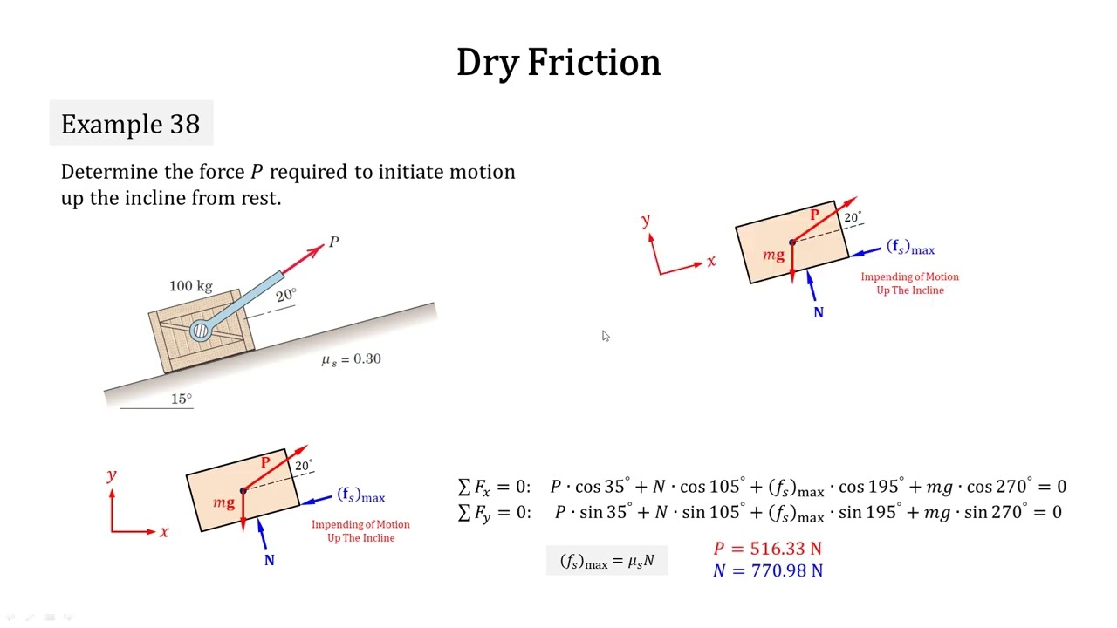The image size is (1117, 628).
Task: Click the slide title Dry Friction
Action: pyautogui.click(x=558, y=63)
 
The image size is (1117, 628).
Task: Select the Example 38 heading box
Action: pyautogui.click(x=131, y=123)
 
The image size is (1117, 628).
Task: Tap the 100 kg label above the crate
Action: pyautogui.click(x=191, y=285)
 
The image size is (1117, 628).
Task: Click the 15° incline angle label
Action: pyautogui.click(x=182, y=399)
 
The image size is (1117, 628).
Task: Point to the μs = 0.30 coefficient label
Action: pyautogui.click(x=352, y=359)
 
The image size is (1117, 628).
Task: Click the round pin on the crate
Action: pyautogui.click(x=201, y=331)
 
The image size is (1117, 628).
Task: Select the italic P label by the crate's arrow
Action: pyautogui.click(x=333, y=242)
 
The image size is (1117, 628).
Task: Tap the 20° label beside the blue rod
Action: pyautogui.click(x=286, y=295)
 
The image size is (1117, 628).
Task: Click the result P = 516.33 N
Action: pyautogui.click(x=767, y=549)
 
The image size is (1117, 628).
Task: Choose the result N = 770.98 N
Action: pyautogui.click(x=768, y=570)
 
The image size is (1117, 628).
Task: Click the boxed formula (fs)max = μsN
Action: pyautogui.click(x=607, y=561)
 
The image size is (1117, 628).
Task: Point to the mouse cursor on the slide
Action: pyautogui.click(x=606, y=336)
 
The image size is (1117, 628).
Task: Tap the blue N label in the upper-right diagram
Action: pyautogui.click(x=819, y=312)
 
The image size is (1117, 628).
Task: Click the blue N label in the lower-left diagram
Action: pyautogui.click(x=270, y=561)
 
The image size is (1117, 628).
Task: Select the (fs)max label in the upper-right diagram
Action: pyautogui.click(x=910, y=247)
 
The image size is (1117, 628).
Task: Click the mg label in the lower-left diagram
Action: pyautogui.click(x=223, y=502)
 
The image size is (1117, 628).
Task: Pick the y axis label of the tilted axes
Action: pyautogui.click(x=646, y=220)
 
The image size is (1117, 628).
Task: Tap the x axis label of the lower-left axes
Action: pyautogui.click(x=164, y=532)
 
